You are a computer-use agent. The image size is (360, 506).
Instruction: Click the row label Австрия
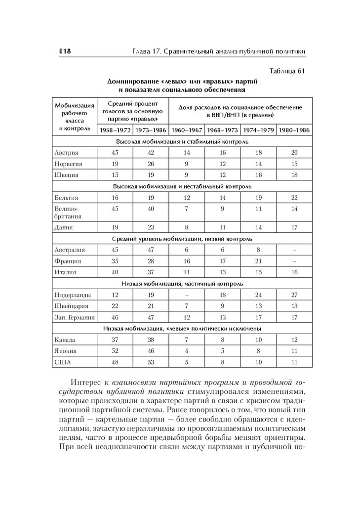[67, 153]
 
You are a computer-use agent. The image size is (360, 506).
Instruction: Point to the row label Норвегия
[68, 164]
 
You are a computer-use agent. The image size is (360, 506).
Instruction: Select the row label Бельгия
[67, 198]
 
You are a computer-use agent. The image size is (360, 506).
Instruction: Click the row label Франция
[68, 261]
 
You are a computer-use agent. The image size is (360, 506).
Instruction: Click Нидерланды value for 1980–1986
[294, 295]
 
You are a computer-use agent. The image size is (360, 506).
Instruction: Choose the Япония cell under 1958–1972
[115, 351]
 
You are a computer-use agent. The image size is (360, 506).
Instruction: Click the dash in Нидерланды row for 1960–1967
[186, 295]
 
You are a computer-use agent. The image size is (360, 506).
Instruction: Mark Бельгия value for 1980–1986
[294, 198]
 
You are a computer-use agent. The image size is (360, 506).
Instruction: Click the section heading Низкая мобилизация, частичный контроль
[182, 284]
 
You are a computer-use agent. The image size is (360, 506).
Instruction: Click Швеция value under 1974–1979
[258, 175]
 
